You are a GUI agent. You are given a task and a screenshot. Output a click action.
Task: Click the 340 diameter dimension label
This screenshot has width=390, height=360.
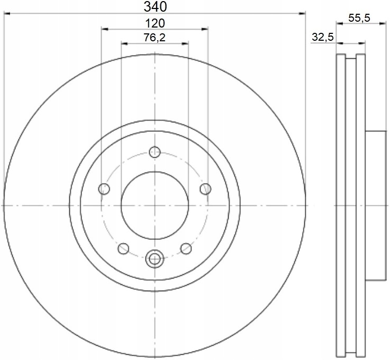(x=155, y=7)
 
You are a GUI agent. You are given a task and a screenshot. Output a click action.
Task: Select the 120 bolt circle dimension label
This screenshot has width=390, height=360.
(x=155, y=23)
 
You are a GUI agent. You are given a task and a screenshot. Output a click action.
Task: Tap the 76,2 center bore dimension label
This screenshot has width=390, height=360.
(x=155, y=38)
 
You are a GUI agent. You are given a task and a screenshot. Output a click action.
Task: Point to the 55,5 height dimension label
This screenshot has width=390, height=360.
(x=359, y=18)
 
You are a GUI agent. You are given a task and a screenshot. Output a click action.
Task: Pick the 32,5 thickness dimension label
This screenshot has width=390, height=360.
(x=323, y=37)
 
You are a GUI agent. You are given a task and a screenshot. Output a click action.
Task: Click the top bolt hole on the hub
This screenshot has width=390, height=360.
(x=155, y=152)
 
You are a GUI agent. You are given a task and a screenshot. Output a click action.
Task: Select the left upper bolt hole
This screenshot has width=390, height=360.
(x=104, y=189)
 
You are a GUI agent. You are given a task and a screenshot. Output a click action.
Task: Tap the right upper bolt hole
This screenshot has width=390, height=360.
(x=205, y=189)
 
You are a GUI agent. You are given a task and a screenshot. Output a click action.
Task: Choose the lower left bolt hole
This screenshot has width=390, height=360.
(x=123, y=248)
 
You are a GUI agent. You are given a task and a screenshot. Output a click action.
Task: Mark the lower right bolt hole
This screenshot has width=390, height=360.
(x=186, y=248)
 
